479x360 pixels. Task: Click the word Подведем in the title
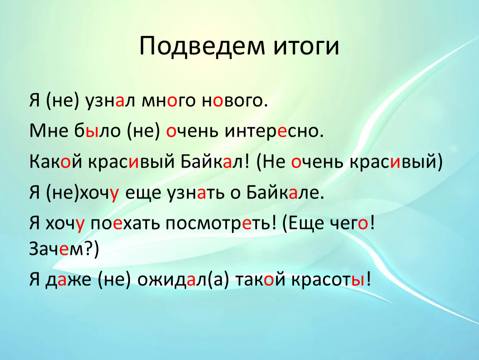pyautogui.click(x=202, y=46)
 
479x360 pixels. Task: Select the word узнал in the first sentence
pyautogui.click(x=110, y=101)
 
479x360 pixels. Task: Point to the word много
pyautogui.click(x=168, y=101)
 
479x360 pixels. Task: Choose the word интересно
pyautogui.click(x=274, y=131)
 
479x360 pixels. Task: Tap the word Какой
pyautogui.click(x=56, y=162)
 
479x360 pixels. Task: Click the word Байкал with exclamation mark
pyautogui.click(x=215, y=161)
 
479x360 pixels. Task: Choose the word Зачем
pyautogui.click(x=56, y=249)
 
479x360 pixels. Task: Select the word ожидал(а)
pyautogui.click(x=183, y=280)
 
